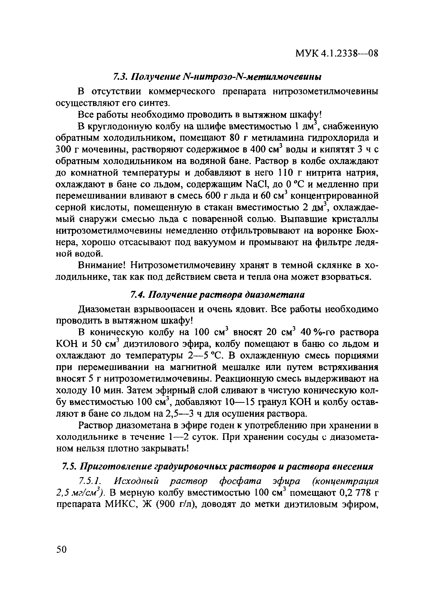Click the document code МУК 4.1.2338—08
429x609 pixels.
coord(336,54)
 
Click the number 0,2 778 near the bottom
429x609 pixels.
coord(350,493)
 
